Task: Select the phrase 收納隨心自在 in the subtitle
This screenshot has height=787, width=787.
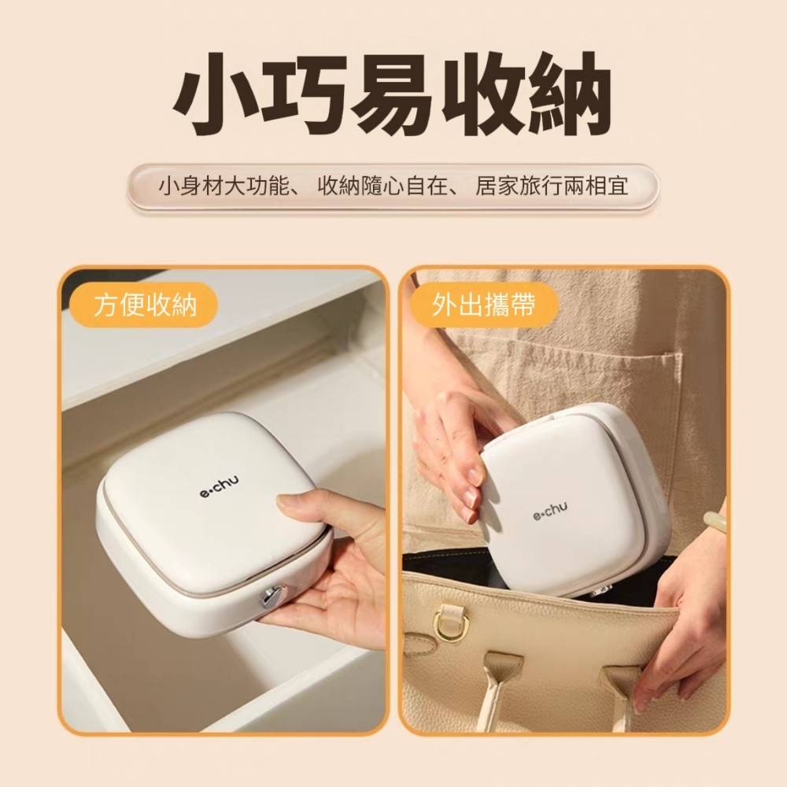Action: coord(382,187)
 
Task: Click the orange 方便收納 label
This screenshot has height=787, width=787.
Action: coord(145,305)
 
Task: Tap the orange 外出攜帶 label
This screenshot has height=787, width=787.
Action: coord(484,305)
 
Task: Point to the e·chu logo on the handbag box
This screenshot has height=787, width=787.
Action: coord(551,512)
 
